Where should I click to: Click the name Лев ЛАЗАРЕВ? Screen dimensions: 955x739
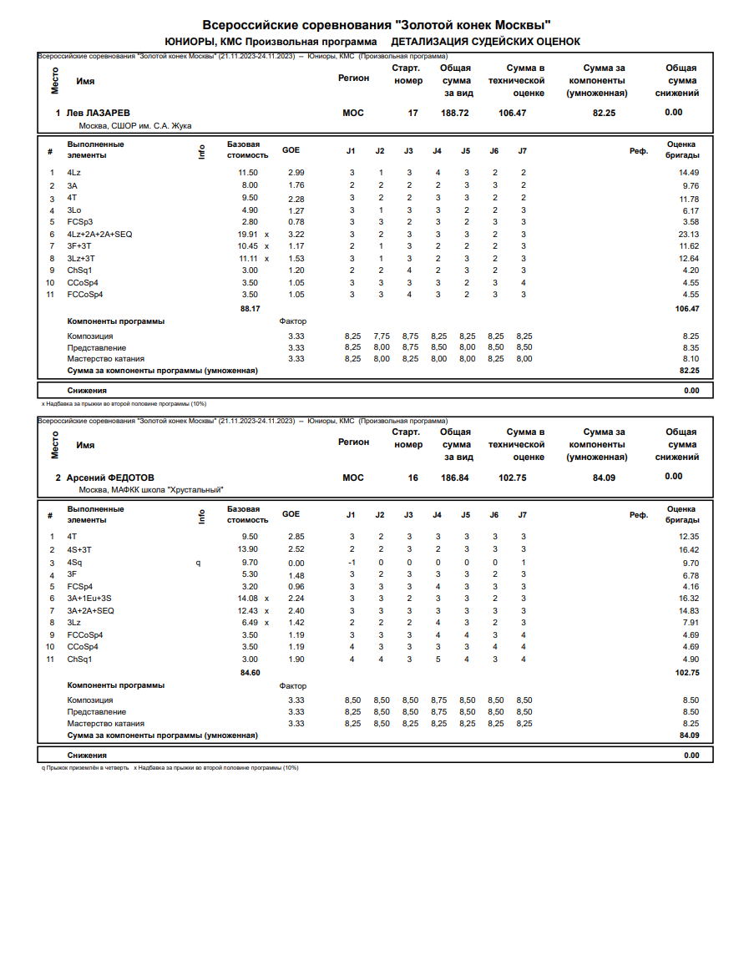[98, 113]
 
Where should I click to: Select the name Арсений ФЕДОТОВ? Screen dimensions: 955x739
[110, 477]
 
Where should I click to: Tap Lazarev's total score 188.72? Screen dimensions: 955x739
[456, 113]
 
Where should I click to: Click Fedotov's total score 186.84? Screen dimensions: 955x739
[456, 477]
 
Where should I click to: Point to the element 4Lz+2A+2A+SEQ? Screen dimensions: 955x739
[99, 235]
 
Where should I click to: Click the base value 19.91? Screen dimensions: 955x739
[249, 235]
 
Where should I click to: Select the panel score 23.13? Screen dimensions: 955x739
[689, 235]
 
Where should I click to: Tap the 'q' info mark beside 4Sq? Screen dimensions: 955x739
[198, 563]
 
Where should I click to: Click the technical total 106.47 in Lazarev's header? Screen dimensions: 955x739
[512, 113]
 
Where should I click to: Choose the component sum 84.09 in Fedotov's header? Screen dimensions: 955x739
[604, 477]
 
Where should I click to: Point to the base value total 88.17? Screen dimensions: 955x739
[251, 309]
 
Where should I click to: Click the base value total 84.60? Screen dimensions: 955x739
[251, 672]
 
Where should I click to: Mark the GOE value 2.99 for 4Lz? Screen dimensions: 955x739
[296, 172]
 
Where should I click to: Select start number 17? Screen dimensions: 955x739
[413, 113]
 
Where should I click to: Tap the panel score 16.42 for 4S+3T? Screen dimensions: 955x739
[689, 550]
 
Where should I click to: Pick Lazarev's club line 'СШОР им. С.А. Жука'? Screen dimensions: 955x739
[135, 126]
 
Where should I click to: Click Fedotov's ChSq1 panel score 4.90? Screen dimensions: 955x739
[691, 659]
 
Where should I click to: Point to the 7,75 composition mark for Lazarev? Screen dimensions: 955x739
[382, 336]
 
